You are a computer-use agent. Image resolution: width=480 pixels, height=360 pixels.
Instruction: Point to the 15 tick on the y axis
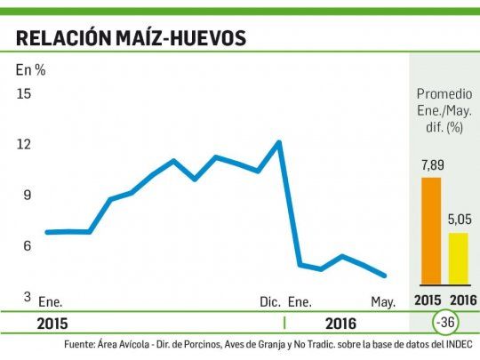(x=24, y=93)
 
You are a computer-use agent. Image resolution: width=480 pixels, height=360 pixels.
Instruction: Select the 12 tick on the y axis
(x=24, y=144)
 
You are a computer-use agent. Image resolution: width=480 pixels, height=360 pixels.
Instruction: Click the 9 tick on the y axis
(x=27, y=195)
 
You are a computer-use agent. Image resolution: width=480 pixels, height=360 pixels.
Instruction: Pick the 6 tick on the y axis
(x=27, y=246)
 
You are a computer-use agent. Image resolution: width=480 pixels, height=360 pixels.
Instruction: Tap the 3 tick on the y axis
(x=27, y=297)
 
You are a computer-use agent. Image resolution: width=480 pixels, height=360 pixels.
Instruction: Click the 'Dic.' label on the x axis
(x=270, y=302)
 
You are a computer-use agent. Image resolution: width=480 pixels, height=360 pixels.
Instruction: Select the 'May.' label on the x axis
(x=383, y=302)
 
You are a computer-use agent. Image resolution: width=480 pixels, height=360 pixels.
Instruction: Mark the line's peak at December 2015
(x=279, y=142)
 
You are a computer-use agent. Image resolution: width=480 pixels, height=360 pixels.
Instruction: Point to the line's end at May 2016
(x=384, y=276)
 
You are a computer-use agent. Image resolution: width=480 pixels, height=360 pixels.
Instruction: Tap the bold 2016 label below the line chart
(x=340, y=324)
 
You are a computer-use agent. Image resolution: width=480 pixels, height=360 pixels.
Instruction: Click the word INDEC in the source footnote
(x=456, y=343)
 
